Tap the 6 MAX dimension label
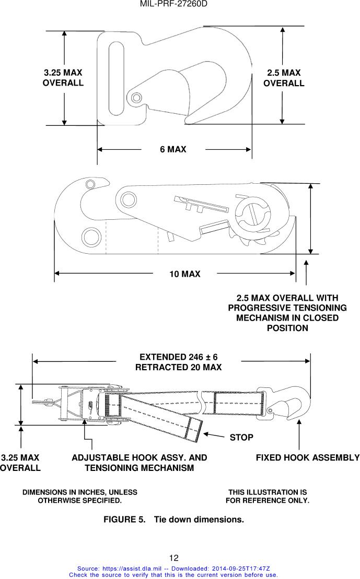coord(173,149)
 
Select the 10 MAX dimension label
coord(184,274)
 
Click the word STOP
coord(241,437)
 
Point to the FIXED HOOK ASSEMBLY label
coord(307,458)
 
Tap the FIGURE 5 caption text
coord(173,520)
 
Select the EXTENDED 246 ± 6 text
coord(178,357)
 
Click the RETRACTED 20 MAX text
coord(178,367)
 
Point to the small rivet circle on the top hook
coord(136,97)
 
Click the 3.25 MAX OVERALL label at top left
coord(63,78)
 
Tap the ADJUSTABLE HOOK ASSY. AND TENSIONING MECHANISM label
coord(139,463)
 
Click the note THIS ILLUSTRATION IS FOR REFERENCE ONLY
coord(268,497)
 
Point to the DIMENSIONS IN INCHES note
coord(79,497)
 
